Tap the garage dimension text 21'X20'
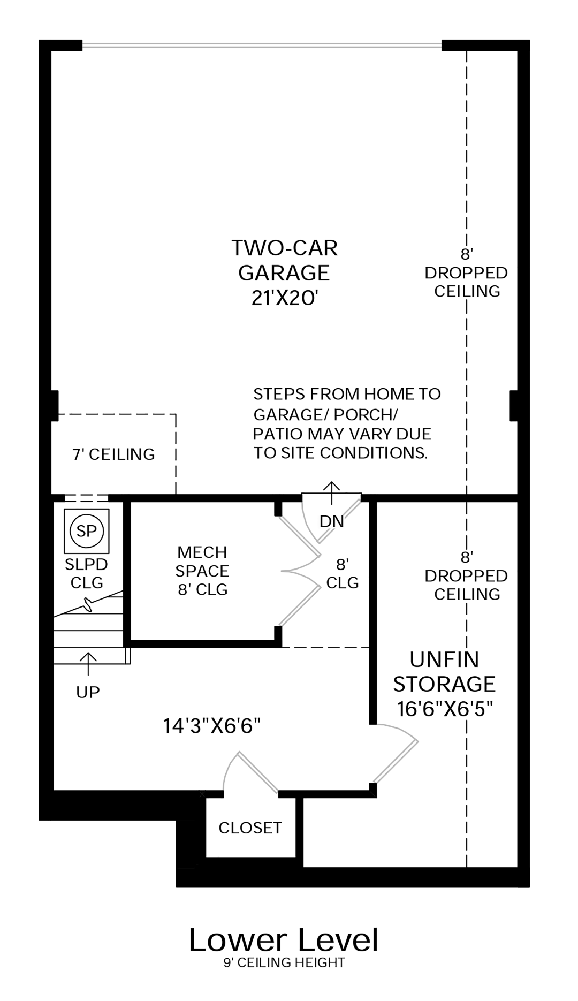point(285,298)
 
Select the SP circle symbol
point(87,531)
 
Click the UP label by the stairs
point(88,692)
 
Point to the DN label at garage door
point(332,521)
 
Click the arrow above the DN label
point(332,492)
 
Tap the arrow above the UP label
point(88,664)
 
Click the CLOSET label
point(250,828)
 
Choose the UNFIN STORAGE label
point(444,672)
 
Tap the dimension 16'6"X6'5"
point(445,709)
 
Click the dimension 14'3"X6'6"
point(212,726)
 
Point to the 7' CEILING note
point(113,454)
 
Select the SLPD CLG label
point(87,573)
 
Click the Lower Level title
point(284,941)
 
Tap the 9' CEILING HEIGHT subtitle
point(284,963)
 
